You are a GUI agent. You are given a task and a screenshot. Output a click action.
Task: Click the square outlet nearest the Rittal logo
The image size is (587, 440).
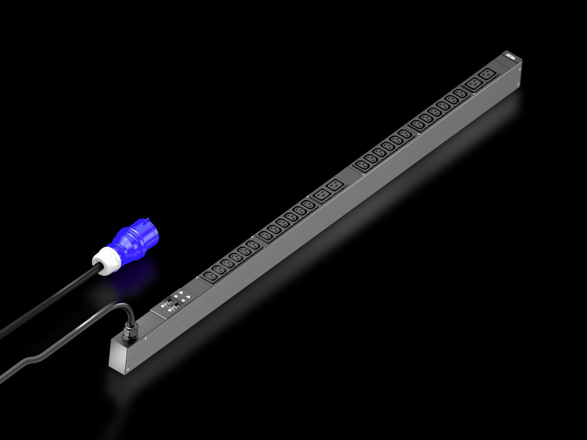[487, 74]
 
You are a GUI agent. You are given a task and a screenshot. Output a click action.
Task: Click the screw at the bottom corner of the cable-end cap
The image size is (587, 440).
[127, 370]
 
